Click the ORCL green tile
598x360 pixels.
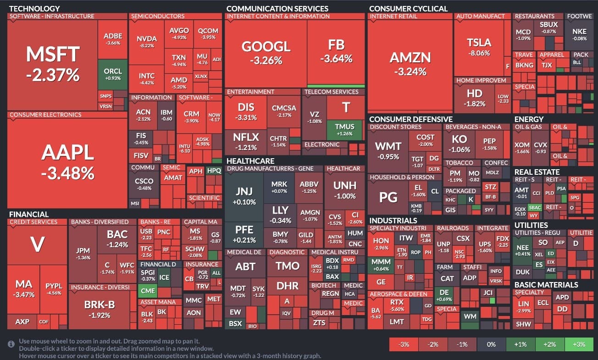point(113,74)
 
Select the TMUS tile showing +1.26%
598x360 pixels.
point(345,129)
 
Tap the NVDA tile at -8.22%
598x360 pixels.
point(147,42)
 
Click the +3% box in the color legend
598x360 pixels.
point(579,344)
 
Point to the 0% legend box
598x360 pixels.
point(491,344)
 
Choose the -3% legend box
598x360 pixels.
point(404,344)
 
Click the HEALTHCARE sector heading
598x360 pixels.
point(250,161)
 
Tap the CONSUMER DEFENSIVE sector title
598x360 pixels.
point(410,119)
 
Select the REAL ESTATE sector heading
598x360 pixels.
point(537,172)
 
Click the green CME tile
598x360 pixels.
point(148,290)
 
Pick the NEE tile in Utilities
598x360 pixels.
point(523,250)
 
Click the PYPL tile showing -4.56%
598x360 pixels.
point(54,289)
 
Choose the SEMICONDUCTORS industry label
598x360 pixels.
point(151,16)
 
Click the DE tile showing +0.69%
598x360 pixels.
point(444,294)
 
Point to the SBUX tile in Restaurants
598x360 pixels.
point(548,27)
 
